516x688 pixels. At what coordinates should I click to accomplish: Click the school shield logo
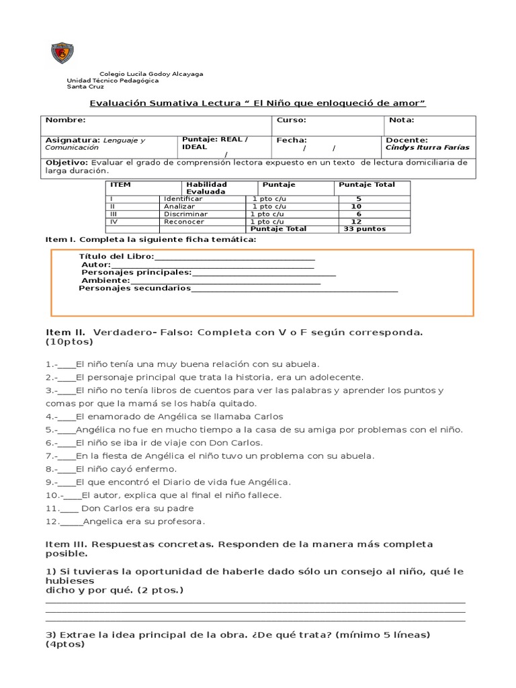pyautogui.click(x=62, y=53)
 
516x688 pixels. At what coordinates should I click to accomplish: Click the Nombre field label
pyautogui.click(x=65, y=120)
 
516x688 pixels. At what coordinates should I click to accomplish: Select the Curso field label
pyautogui.click(x=291, y=120)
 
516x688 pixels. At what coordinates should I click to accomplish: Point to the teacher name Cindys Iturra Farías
pyautogui.click(x=427, y=148)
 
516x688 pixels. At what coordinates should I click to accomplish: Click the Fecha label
pyautogui.click(x=292, y=140)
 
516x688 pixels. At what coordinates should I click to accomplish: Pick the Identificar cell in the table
pyautogui.click(x=183, y=200)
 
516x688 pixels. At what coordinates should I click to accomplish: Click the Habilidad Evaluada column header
pyautogui.click(x=206, y=188)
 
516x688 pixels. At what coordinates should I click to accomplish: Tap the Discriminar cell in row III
pyautogui.click(x=185, y=214)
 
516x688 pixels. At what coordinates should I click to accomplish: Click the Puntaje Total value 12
pyautogui.click(x=357, y=222)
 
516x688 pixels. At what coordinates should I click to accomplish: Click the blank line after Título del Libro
pyautogui.click(x=234, y=257)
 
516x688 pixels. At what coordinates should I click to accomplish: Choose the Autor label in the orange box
pyautogui.click(x=95, y=265)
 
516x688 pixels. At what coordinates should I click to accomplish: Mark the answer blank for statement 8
pyautogui.click(x=67, y=469)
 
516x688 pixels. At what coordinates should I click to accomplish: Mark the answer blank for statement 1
pyautogui.click(x=67, y=364)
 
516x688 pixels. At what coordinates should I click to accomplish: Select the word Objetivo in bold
pyautogui.click(x=67, y=163)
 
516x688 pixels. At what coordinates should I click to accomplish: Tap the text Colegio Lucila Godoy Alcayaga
pyautogui.click(x=151, y=74)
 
